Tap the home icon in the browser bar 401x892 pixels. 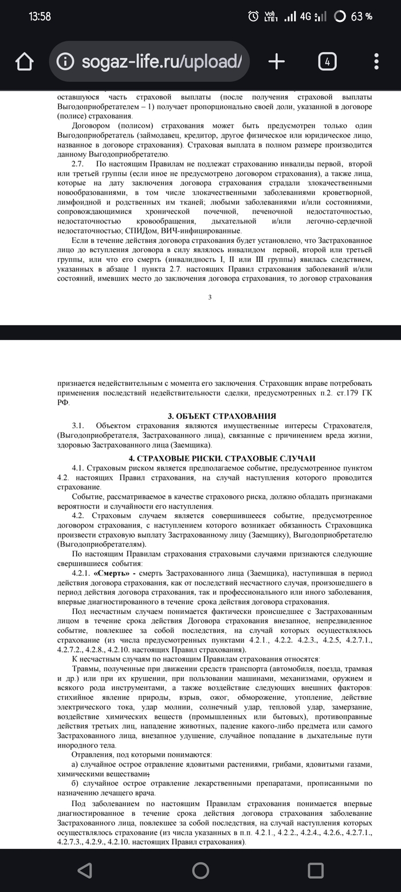click(x=25, y=62)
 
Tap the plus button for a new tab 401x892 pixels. click(x=277, y=62)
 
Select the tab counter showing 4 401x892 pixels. click(x=327, y=62)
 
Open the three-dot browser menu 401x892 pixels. click(x=376, y=62)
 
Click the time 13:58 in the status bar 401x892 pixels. click(x=40, y=17)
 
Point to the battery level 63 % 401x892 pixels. click(x=361, y=17)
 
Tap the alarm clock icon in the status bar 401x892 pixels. click(x=253, y=17)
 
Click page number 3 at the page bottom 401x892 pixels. click(x=210, y=297)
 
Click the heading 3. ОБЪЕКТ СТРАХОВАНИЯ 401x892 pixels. click(x=214, y=416)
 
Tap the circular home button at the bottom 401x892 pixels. click(x=200, y=870)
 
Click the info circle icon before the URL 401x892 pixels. click(x=65, y=62)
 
